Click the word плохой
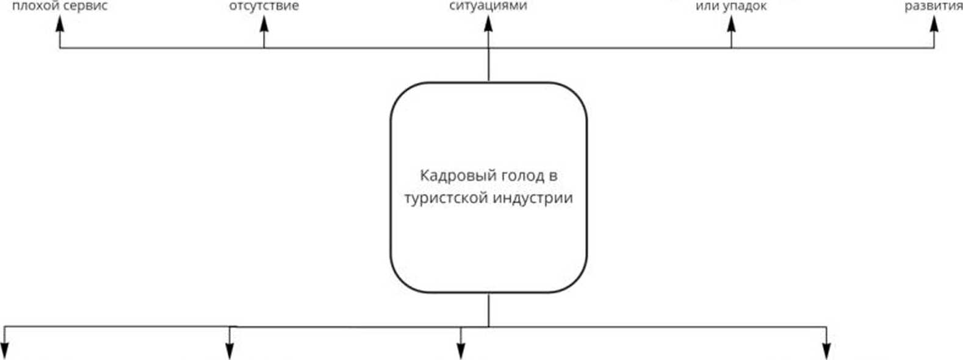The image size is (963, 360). (x=34, y=6)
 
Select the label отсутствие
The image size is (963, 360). (x=264, y=6)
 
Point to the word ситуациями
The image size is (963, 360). (x=488, y=6)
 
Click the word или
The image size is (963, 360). (x=707, y=7)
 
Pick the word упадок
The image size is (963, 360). (x=745, y=7)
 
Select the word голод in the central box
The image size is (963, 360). (x=522, y=176)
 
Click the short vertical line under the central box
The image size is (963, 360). (x=488, y=310)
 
